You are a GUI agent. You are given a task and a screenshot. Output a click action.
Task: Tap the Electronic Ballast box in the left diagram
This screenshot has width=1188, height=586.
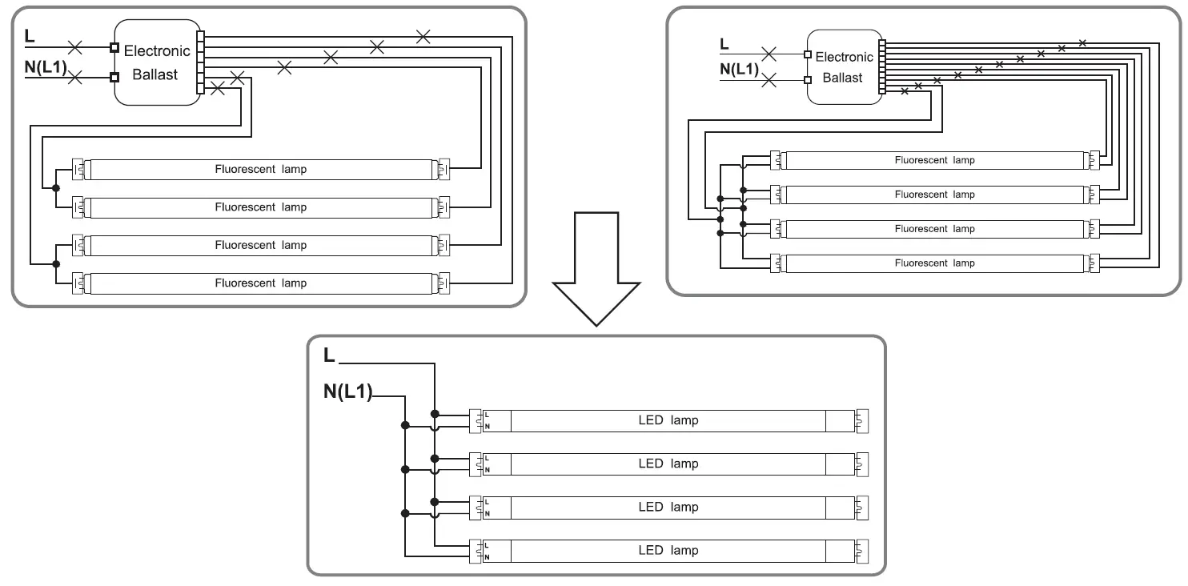[158, 62]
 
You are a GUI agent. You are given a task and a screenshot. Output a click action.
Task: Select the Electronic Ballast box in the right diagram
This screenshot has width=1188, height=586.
[845, 66]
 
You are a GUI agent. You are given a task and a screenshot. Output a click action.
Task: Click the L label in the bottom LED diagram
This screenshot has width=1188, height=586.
[329, 355]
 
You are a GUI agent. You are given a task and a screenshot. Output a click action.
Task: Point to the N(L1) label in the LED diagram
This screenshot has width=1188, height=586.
[348, 391]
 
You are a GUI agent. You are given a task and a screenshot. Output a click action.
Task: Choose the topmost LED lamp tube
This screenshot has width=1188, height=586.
[668, 420]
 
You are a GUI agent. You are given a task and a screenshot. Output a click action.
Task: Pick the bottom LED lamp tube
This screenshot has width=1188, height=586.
[668, 551]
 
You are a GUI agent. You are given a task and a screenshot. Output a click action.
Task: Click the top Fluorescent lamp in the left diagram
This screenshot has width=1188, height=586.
[261, 170]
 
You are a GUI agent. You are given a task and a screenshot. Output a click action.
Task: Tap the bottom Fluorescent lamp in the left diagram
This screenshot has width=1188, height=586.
[261, 283]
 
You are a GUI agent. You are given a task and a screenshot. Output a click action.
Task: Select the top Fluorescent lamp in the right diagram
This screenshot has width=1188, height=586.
[934, 161]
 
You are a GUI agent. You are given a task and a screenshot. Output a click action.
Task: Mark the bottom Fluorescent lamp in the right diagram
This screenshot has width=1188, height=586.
[934, 263]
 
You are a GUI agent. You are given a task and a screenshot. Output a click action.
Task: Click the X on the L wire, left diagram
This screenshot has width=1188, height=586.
[75, 48]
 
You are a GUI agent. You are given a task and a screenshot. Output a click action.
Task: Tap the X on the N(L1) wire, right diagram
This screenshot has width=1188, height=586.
[769, 81]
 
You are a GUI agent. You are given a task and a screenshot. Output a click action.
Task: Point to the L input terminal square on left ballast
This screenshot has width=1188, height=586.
[114, 48]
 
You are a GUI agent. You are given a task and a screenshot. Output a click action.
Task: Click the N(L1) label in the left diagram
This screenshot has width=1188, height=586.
[46, 67]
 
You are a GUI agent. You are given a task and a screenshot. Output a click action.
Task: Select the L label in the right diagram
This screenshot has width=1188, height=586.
[724, 45]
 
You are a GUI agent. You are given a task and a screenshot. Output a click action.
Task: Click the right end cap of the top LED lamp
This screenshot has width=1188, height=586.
[861, 421]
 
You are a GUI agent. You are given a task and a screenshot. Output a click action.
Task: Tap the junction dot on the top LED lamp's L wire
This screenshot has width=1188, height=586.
[435, 414]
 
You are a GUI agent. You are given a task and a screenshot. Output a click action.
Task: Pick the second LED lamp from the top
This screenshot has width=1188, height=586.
[668, 464]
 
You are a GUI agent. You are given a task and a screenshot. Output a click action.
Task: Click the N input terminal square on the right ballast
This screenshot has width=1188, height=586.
[808, 81]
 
